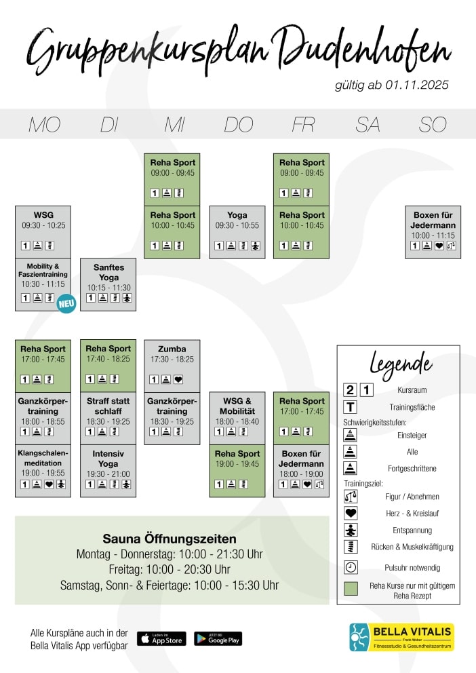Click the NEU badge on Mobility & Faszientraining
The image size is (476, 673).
pos(66,303)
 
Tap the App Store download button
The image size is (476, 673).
pos(161,638)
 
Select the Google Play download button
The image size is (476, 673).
pos(218,638)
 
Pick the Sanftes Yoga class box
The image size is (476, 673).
pos(108,284)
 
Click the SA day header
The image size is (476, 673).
pos(368,125)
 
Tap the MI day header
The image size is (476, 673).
pos(174,125)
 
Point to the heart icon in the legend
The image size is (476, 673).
pos(351,514)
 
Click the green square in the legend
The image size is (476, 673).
pos(351,589)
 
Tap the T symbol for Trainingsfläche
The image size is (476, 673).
pos(351,407)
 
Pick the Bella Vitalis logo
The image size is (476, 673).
pos(401,637)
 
